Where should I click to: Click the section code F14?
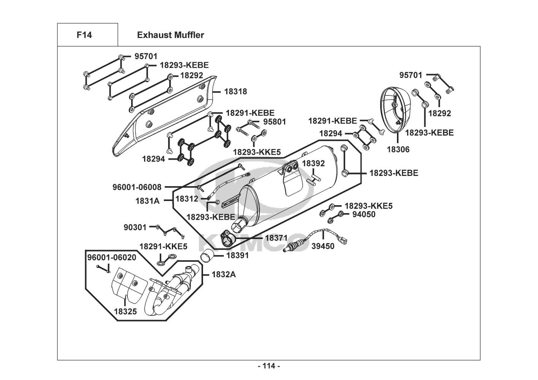coord(84,35)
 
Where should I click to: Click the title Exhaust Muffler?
coord(170,35)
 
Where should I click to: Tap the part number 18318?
coord(235,92)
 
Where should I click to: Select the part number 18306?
coord(398,149)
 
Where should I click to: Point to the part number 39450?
coord(323,246)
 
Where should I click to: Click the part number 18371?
coord(276,238)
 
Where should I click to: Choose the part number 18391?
coord(237,255)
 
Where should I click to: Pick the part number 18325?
coord(125,312)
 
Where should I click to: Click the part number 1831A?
coord(148,201)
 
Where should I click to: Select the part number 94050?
coord(363,214)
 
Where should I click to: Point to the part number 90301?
coord(135,227)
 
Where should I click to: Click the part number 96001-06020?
coord(112,257)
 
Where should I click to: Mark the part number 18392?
coord(313,163)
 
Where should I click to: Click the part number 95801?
coord(275,122)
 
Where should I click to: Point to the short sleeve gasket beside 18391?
coord(207,257)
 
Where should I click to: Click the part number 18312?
coord(187,198)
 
